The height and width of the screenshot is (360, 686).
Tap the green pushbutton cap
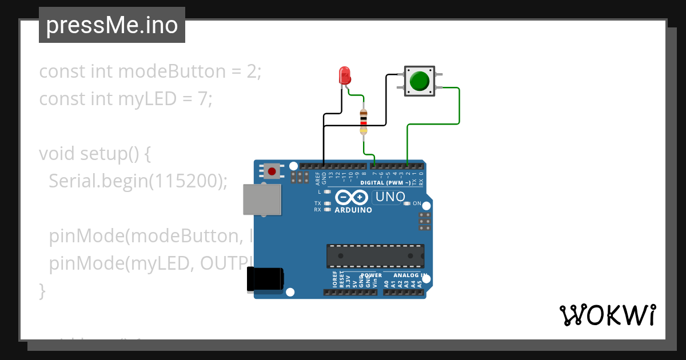coord(420,81)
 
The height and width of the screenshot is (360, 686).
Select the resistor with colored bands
coord(364,121)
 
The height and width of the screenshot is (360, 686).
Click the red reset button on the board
coord(272,170)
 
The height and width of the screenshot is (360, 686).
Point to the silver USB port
coord(262,199)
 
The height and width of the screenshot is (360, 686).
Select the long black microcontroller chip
coord(375,256)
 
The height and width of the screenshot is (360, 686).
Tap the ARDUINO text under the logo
coord(353,210)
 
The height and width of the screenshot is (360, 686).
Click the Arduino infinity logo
coord(351,198)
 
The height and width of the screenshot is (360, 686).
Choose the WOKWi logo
coord(607,315)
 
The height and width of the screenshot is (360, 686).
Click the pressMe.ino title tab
coord(112,25)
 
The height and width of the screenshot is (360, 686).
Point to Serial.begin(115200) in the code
coord(138,181)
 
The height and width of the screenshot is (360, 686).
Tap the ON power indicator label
coord(417,203)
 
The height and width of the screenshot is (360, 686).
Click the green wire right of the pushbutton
coord(459,106)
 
